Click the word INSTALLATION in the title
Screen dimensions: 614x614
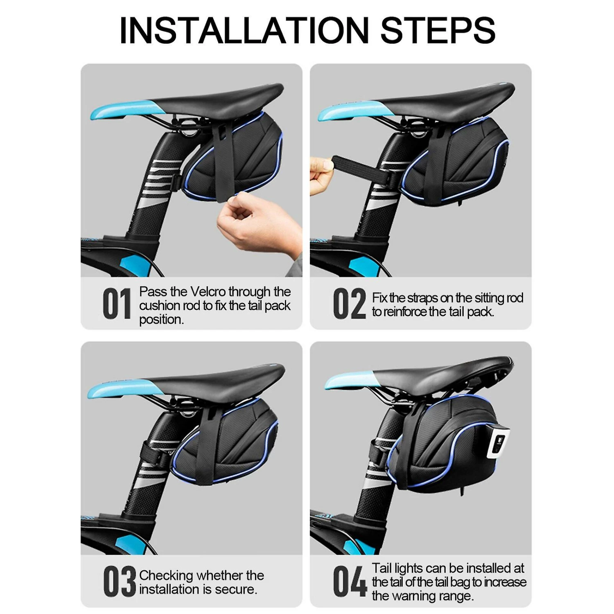click(x=244, y=30)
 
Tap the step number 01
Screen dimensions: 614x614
click(x=117, y=303)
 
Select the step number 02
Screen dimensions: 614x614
click(x=349, y=303)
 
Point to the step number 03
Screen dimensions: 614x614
click(x=119, y=581)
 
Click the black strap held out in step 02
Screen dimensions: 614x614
click(x=360, y=167)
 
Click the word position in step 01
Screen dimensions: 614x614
click(x=161, y=320)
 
